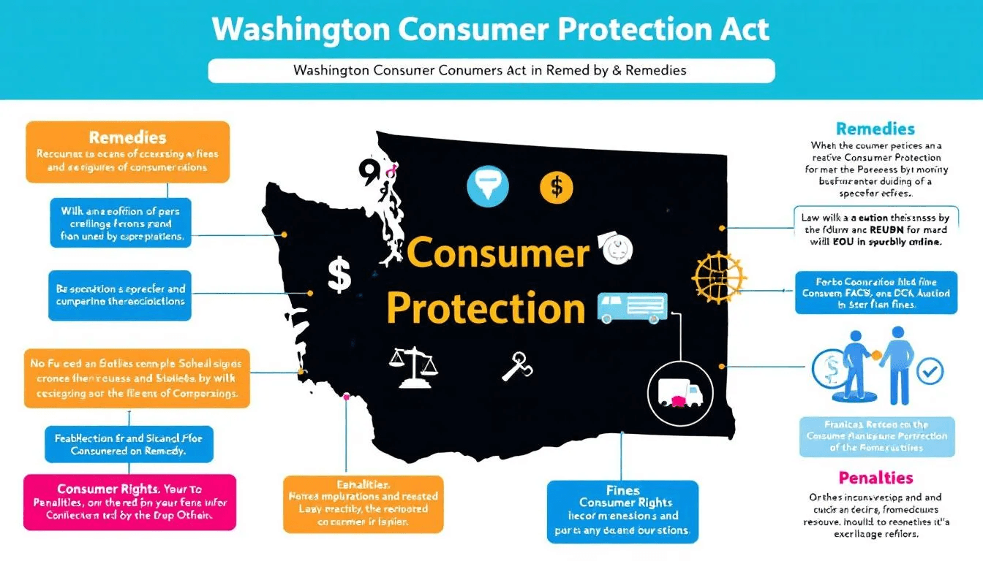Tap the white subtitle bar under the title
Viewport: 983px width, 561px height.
491,71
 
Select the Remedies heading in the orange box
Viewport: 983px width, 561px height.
127,137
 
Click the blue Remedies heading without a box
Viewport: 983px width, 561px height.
875,129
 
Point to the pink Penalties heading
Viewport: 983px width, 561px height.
875,478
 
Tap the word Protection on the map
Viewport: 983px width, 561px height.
486,308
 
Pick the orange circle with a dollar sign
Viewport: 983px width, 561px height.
556,187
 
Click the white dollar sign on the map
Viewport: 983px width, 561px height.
339,275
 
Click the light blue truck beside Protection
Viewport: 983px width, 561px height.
632,308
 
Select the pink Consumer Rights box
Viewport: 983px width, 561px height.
129,502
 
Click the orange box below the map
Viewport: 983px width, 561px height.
363,503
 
